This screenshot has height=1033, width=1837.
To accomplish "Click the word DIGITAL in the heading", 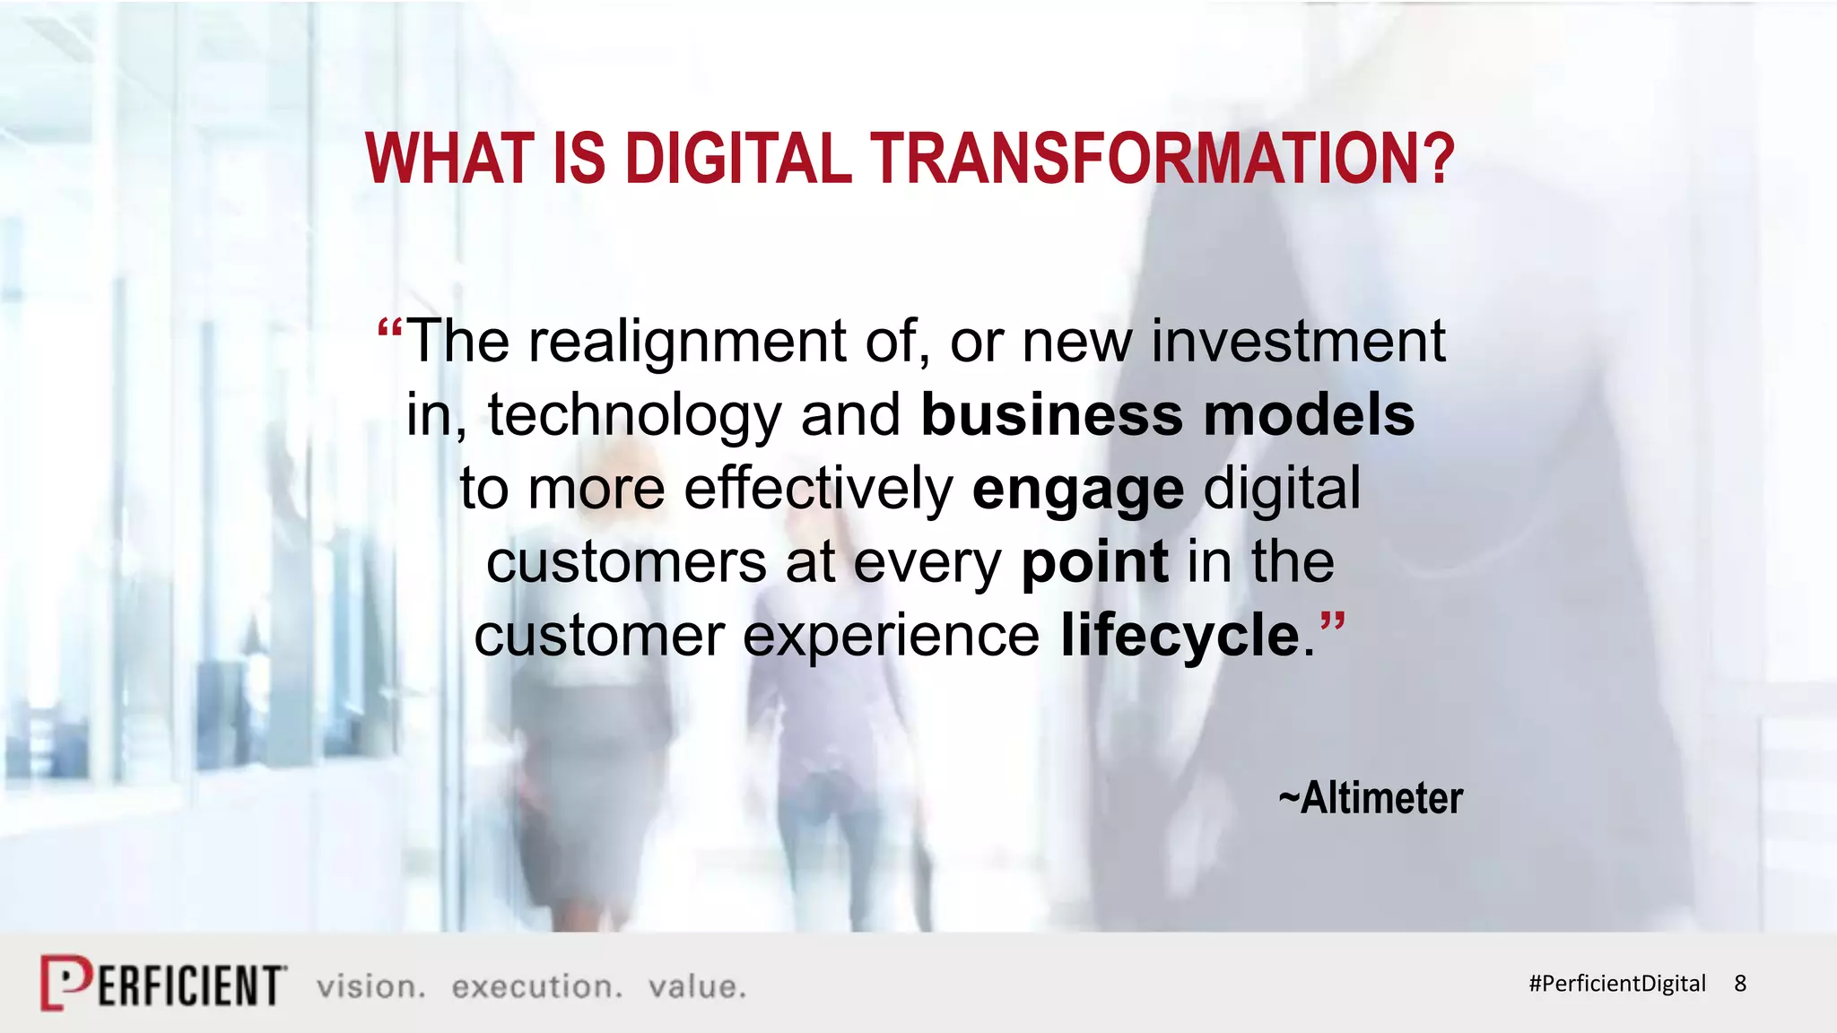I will coord(737,159).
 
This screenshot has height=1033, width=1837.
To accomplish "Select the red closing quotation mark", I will coord(1333,621).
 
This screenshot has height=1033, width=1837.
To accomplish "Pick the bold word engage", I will coord(1078,490).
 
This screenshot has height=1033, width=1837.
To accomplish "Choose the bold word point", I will coord(1094,564).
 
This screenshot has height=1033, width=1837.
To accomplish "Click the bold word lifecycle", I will coord(1180,636).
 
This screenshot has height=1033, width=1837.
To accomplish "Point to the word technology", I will coord(635,417).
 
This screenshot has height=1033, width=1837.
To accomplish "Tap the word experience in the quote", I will coord(891,638).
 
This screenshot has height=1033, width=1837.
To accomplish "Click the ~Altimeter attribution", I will coord(1371,797).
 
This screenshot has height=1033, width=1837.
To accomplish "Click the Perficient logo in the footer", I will coord(163,984).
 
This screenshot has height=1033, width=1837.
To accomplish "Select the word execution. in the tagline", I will coord(536,986).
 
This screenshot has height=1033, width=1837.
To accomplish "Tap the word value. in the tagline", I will coord(697,986).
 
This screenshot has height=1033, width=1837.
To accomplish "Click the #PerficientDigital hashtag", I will coord(1616,984).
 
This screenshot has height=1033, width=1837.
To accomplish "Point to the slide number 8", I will coord(1740,984).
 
